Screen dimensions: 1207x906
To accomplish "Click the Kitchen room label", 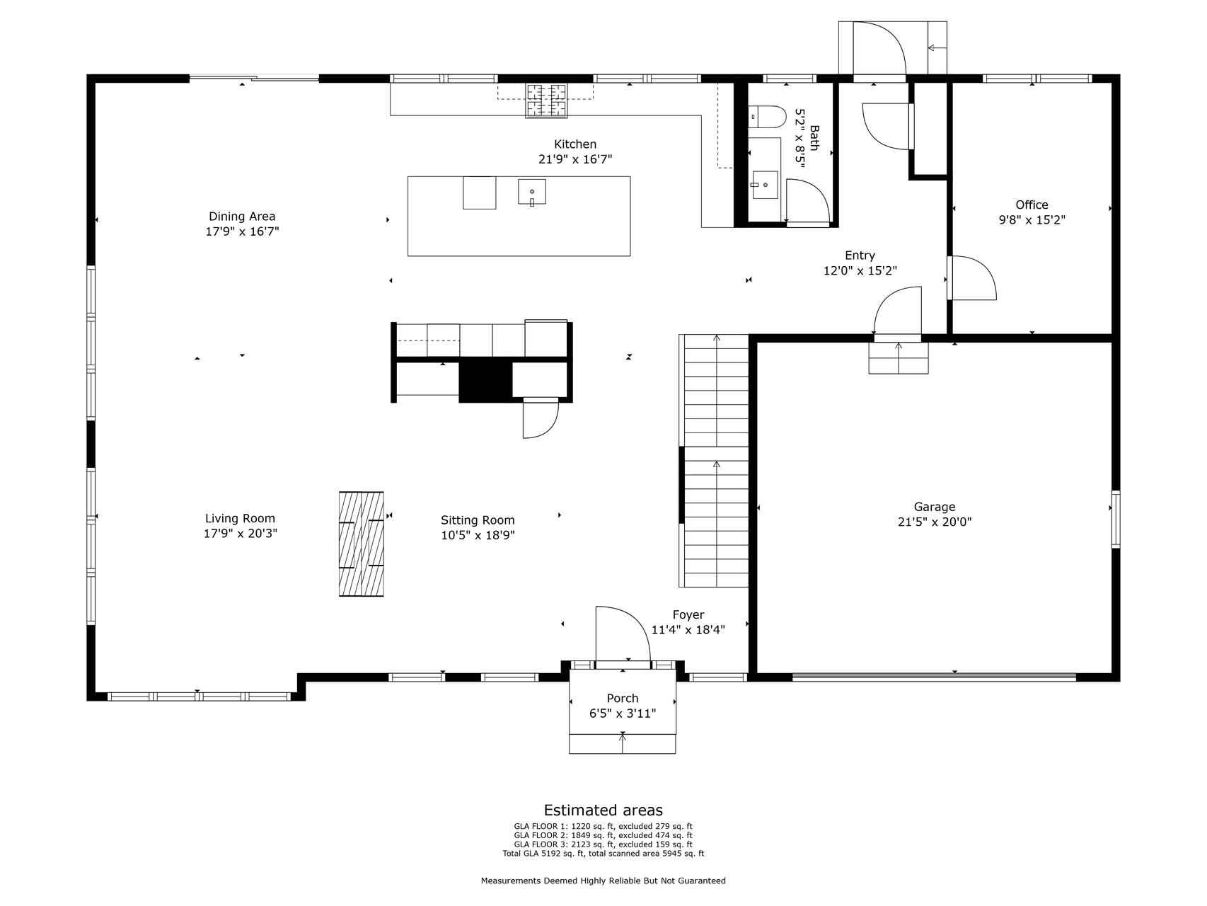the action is click(x=574, y=144).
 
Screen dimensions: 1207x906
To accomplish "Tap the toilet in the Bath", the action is click(x=767, y=116).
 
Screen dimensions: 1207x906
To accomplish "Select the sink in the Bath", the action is click(x=765, y=185).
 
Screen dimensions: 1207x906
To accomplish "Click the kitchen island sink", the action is click(x=532, y=192).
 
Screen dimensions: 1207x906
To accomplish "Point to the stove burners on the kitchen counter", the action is click(x=546, y=101).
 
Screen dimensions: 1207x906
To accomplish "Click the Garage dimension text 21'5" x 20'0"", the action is click(x=935, y=522).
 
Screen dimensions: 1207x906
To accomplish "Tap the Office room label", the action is click(x=1032, y=205).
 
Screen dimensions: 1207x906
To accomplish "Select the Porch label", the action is click(x=623, y=699).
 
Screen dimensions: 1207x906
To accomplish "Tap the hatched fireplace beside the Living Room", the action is click(x=362, y=544).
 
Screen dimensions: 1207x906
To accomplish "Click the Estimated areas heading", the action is click(x=603, y=810).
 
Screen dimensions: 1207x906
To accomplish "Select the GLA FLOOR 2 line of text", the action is click(x=603, y=835).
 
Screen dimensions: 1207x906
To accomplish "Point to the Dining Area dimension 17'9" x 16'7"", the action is click(x=242, y=231).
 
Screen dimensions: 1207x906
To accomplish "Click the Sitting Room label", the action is click(x=478, y=520).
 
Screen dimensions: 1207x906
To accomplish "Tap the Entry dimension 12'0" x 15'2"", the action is click(x=860, y=270).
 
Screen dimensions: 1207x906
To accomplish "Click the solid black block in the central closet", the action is click(x=485, y=381).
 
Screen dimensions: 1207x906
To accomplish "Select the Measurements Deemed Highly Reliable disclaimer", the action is click(x=603, y=881).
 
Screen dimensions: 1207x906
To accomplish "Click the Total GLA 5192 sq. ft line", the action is click(x=603, y=854).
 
